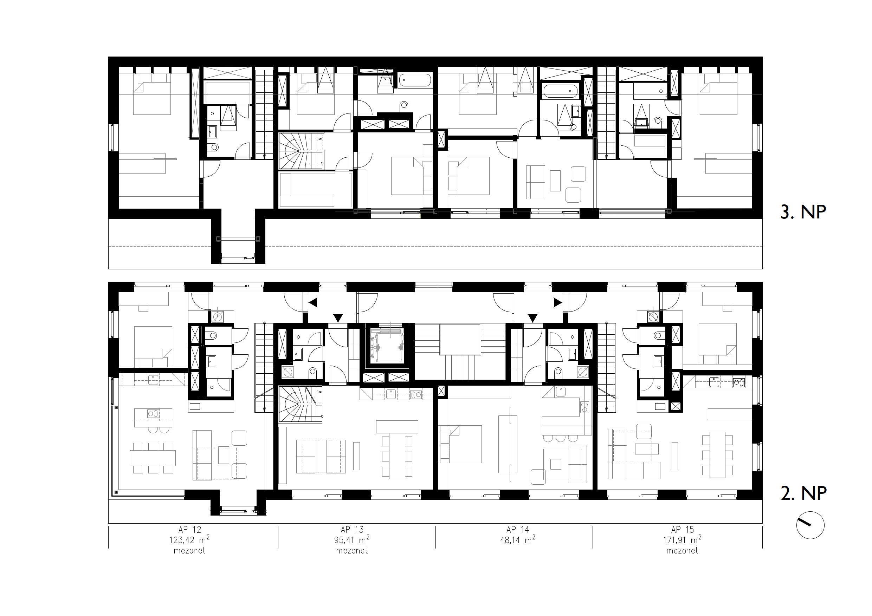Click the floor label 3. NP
(803, 212)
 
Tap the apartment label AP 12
(189, 530)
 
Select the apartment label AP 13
(352, 530)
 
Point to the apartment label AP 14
(517, 530)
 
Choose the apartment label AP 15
(682, 530)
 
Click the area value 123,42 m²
(189, 539)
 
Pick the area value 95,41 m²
(352, 539)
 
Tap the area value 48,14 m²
(518, 539)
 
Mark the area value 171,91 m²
(682, 539)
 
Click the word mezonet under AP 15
(682, 550)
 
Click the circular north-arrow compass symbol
(810, 526)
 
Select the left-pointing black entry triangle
(313, 303)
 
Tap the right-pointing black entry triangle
(557, 302)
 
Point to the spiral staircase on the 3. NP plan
(301, 151)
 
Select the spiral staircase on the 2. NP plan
(301, 404)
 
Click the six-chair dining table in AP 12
(153, 458)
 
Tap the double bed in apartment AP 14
(460, 444)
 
